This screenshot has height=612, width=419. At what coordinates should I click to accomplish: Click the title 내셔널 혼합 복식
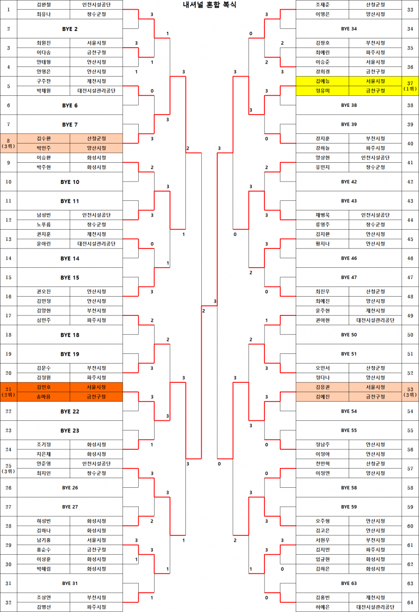pyautogui.click(x=209, y=5)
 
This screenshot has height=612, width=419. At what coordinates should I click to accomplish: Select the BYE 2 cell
pyautogui.click(x=70, y=29)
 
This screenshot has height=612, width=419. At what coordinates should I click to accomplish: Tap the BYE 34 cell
pyautogui.click(x=349, y=29)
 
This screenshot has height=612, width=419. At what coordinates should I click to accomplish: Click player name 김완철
pyautogui.click(x=43, y=5)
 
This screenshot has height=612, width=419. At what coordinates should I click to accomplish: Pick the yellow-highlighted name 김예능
pyautogui.click(x=323, y=81)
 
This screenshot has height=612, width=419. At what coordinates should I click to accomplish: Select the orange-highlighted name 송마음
pyautogui.click(x=43, y=397)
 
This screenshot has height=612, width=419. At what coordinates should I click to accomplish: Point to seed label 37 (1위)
pyautogui.click(x=410, y=86)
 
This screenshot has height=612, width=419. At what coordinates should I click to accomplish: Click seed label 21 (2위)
pyautogui.click(x=9, y=392)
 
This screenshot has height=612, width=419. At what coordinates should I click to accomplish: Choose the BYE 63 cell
pyautogui.click(x=349, y=583)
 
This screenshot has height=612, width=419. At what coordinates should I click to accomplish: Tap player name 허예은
pyautogui.click(x=323, y=607)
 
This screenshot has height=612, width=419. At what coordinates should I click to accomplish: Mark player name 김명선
pyautogui.click(x=43, y=607)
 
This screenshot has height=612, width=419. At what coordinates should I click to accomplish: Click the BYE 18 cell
pyautogui.click(x=70, y=335)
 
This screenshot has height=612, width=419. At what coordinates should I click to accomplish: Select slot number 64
pyautogui.click(x=410, y=602)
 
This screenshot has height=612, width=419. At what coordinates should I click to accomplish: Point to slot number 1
pyautogui.click(x=9, y=10)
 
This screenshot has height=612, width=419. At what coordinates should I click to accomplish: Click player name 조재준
pyautogui.click(x=323, y=5)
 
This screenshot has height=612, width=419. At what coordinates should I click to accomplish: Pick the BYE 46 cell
pyautogui.click(x=349, y=258)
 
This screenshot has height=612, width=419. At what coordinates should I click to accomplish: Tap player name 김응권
pyautogui.click(x=323, y=387)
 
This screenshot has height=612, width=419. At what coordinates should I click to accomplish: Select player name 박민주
pyautogui.click(x=43, y=148)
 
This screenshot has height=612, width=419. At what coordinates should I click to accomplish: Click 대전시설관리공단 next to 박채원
pyautogui.click(x=96, y=91)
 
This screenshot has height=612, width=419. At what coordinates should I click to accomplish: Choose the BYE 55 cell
pyautogui.click(x=349, y=430)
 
